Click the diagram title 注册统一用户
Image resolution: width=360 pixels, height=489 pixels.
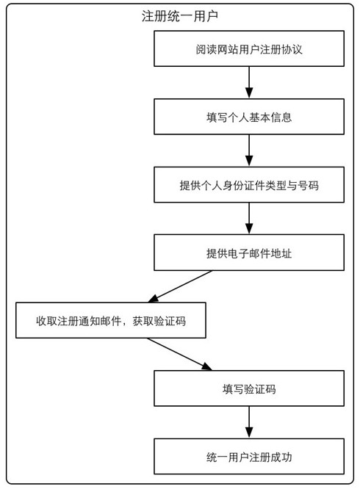point(179,15)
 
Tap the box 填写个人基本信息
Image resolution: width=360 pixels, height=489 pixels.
point(249,117)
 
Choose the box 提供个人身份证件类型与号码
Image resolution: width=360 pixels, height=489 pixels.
point(249,185)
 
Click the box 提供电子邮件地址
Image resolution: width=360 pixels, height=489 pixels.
point(249,253)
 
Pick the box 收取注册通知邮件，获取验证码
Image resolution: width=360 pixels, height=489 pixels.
point(110,321)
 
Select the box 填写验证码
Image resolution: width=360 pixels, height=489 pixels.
point(249,388)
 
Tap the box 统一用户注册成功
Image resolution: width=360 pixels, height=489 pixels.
point(249,457)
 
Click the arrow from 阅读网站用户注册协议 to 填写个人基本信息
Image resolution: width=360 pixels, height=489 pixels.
point(249,83)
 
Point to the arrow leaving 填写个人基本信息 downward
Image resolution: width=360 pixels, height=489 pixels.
point(249,151)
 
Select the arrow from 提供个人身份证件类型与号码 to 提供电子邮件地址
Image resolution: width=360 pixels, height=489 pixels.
point(249,219)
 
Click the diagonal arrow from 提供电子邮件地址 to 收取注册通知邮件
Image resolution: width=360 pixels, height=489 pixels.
point(180,286)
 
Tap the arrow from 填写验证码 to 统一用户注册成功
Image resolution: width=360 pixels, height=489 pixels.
point(249,422)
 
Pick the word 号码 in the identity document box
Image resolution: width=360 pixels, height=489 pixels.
point(308,185)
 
